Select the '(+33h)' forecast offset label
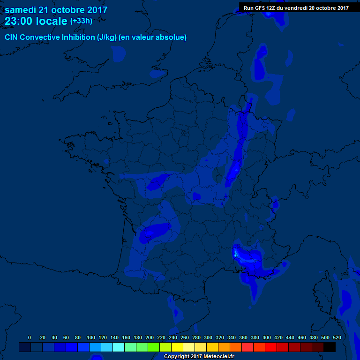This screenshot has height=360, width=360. tap(81, 21)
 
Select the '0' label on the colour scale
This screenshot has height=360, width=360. tap(30, 337)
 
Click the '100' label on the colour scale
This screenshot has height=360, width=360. tap(91, 337)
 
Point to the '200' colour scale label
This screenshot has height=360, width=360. tap(150, 337)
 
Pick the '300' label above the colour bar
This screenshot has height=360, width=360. tap(208, 337)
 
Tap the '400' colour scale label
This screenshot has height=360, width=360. tap(267, 337)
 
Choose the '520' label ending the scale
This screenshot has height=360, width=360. tap(337, 337)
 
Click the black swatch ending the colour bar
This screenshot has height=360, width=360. tap(330, 347)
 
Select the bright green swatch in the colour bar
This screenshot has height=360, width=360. tap(154, 347)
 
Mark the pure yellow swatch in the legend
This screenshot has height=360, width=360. tap(177, 347)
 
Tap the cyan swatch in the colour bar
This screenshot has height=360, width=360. tap(119, 347)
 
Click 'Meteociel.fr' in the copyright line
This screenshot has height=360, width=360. tap(218, 357)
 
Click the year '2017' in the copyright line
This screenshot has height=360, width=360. tap(193, 357)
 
